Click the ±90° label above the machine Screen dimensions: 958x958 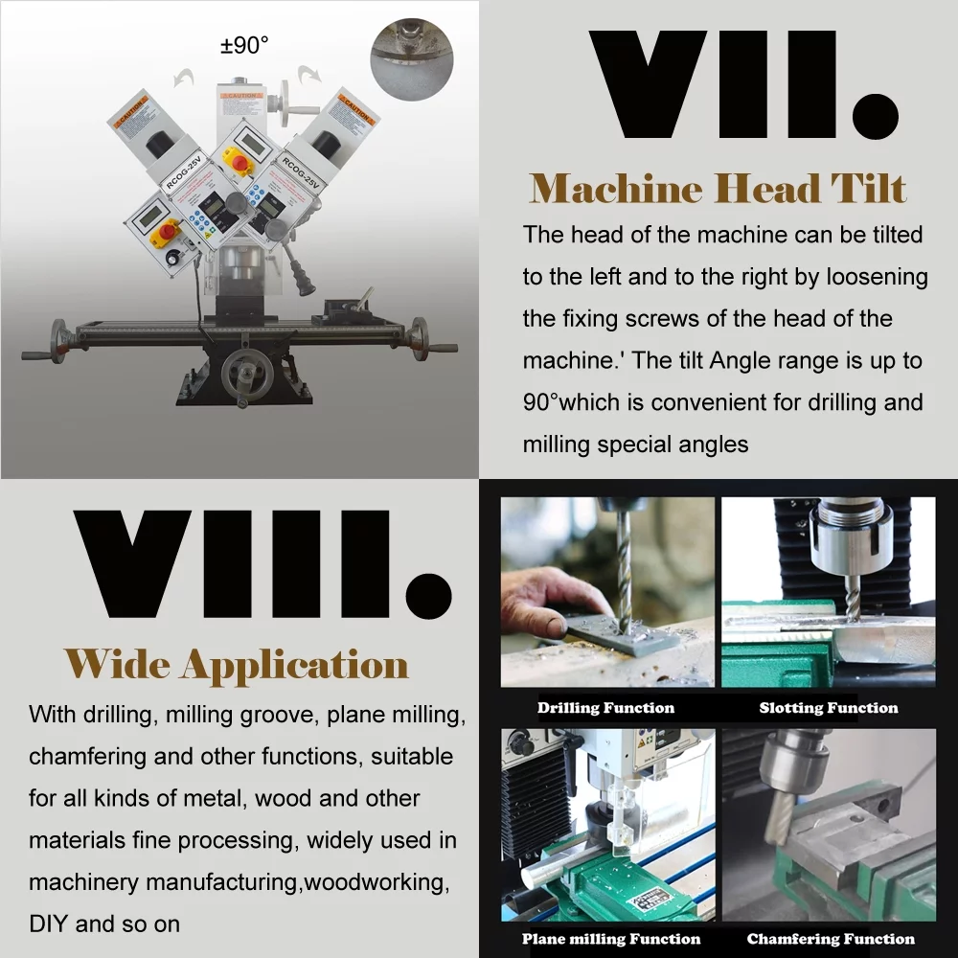coord(245,45)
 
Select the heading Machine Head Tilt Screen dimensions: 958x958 coord(718,189)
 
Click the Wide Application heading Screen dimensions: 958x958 coord(237,664)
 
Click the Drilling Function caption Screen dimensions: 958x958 coord(605,708)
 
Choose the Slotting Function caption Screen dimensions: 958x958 coord(828,708)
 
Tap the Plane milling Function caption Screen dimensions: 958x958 coord(610,939)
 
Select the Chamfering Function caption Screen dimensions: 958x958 coord(831,939)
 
